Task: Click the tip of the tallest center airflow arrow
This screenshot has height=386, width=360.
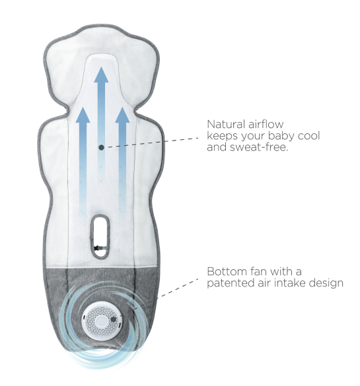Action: pos(101,67)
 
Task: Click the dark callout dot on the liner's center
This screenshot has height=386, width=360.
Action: pos(101,147)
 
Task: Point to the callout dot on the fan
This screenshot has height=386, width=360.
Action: pos(114,319)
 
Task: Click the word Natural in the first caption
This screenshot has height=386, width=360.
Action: pos(226,124)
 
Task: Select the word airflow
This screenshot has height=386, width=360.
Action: pos(266,124)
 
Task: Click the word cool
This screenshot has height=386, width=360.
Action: pos(308,136)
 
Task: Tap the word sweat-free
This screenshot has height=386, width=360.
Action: pos(259,147)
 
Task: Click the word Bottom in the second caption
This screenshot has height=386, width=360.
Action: pos(227,272)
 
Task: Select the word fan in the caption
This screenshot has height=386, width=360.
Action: pos(258,272)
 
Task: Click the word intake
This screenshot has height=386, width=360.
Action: pos(290,283)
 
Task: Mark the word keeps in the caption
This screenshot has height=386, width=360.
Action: pos(222,136)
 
